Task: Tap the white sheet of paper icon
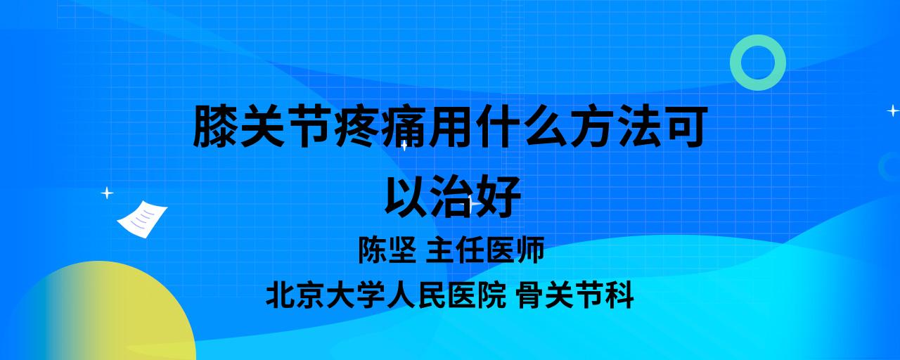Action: (x=142, y=219)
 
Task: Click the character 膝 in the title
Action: (x=214, y=126)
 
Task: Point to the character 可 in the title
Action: (x=685, y=126)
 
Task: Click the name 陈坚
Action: (x=387, y=250)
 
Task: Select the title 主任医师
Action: (x=485, y=250)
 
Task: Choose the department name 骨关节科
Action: (x=575, y=295)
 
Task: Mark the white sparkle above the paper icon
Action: (x=107, y=193)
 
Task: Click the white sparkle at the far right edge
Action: (x=893, y=110)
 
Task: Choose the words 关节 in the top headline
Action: (x=285, y=126)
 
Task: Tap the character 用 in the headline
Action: (x=450, y=126)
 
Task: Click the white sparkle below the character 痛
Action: (x=404, y=146)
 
